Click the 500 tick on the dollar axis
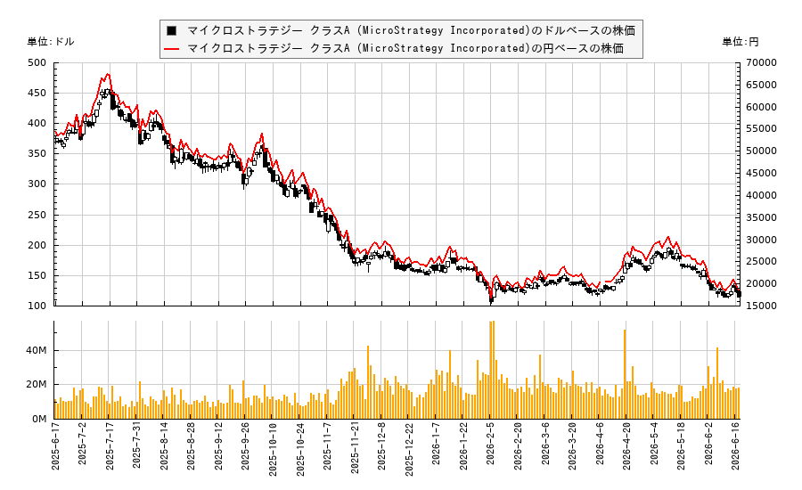(37, 63)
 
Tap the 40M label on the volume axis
(37, 350)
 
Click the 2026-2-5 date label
(490, 444)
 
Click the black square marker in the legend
(171, 30)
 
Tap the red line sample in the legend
(171, 49)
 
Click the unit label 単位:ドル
(51, 42)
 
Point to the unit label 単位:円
(741, 42)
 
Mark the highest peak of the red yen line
(108, 74)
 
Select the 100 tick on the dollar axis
(37, 306)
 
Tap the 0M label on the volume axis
(39, 419)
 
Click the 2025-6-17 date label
(55, 446)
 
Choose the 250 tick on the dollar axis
(37, 215)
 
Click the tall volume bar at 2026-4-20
(625, 374)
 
